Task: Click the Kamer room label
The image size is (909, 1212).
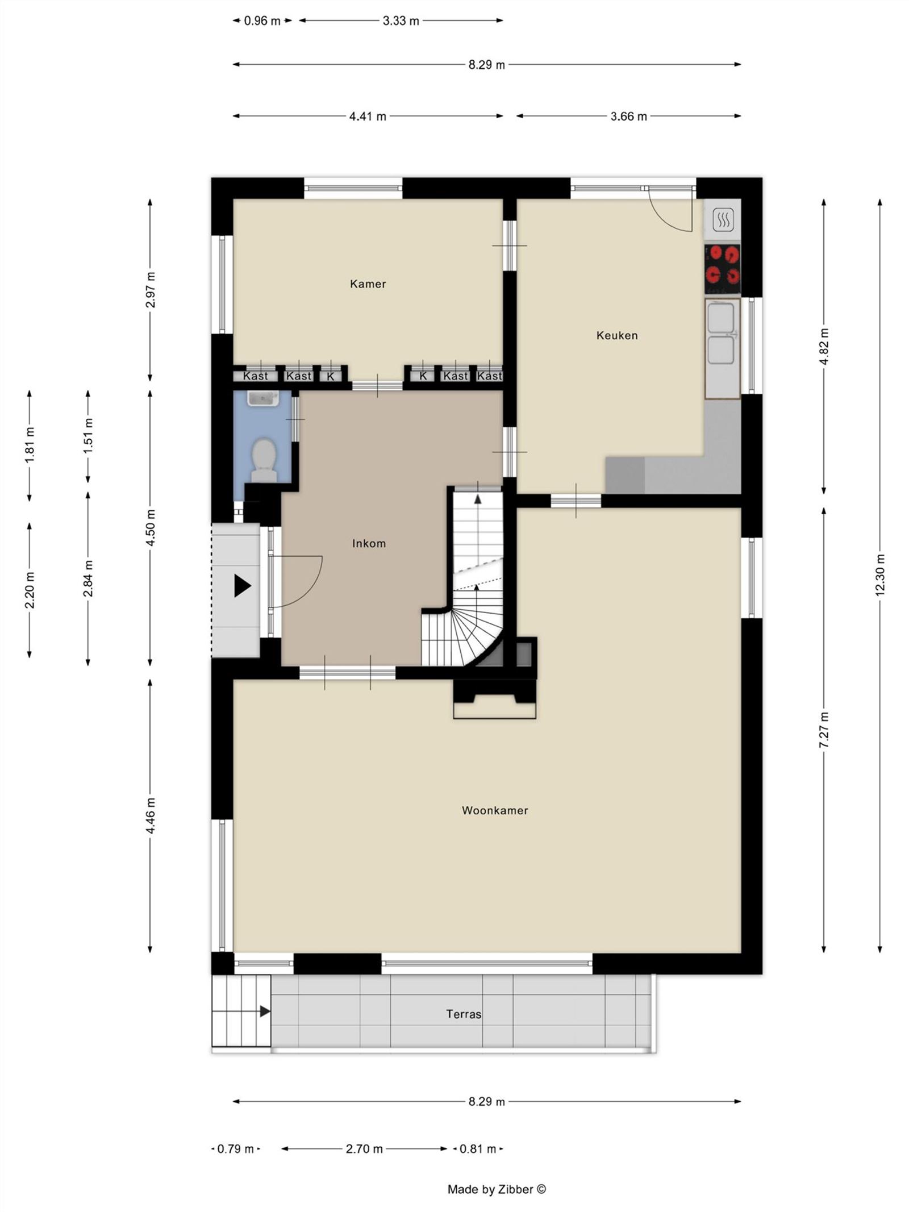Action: (368, 284)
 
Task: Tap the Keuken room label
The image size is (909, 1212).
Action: (616, 335)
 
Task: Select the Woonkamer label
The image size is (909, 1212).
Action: (494, 810)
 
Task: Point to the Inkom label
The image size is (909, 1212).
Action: (369, 543)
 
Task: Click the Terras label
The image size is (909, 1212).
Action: (463, 1014)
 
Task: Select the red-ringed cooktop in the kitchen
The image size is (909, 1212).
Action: (722, 266)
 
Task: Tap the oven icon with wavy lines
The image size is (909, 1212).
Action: (723, 219)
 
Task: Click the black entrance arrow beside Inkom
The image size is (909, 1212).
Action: (243, 585)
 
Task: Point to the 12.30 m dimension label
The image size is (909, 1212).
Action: (879, 574)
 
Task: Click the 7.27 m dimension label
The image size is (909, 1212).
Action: (824, 729)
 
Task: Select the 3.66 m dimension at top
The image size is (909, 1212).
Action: (628, 116)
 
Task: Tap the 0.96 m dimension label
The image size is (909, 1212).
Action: (262, 21)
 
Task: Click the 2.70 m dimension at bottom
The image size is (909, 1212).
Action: (364, 1148)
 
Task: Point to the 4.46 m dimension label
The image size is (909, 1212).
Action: (150, 815)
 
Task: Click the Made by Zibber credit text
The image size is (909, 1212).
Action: (497, 1189)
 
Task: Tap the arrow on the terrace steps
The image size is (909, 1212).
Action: (265, 1011)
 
